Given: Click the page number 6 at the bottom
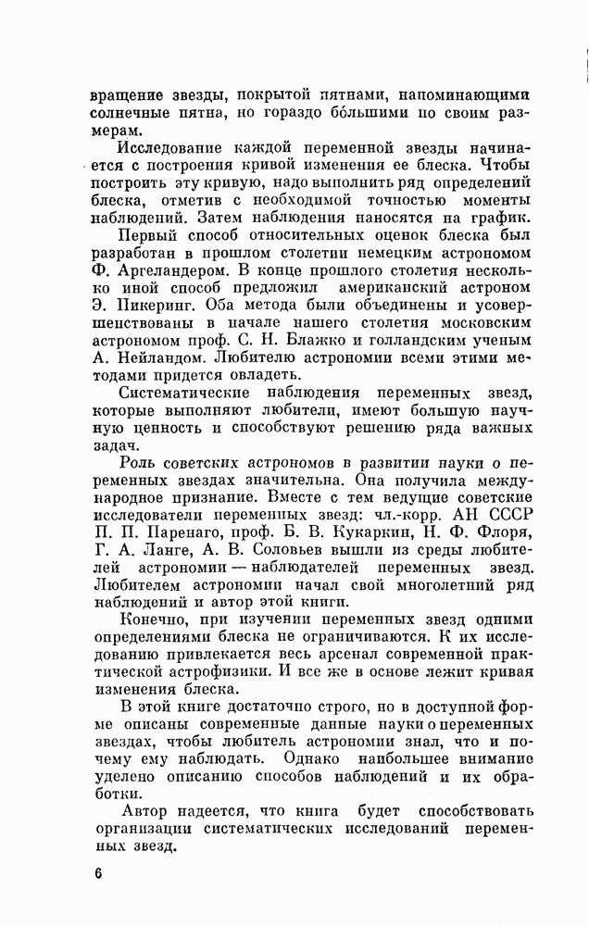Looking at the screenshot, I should click(96, 874).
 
